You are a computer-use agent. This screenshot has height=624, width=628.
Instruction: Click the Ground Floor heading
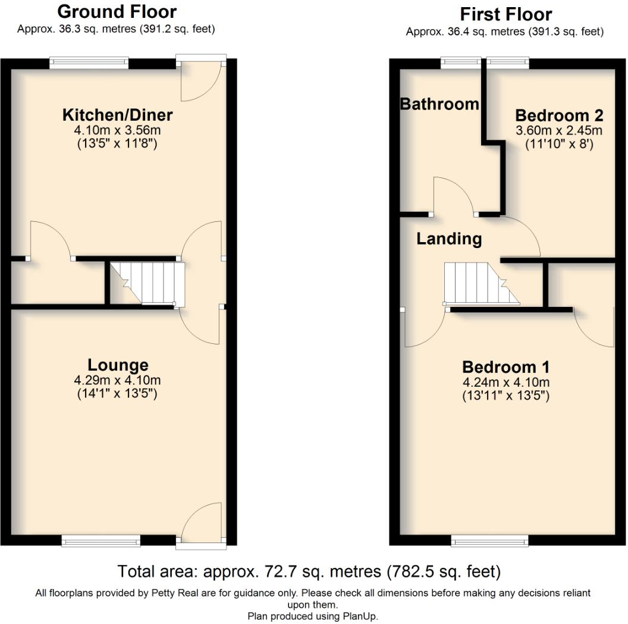coord(117,11)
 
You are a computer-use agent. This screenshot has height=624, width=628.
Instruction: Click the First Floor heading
coord(505,14)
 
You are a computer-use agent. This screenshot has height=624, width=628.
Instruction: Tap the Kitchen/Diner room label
coord(118,114)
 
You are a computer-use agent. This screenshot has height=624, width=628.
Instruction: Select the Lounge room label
coord(118,365)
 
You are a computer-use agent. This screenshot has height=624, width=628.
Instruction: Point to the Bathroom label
coord(439,104)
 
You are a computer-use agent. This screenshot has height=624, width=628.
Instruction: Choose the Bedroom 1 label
coord(505,366)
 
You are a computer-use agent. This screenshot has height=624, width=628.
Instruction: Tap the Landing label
coord(448,239)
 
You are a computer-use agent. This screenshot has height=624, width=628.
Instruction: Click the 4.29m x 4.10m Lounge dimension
coord(118,380)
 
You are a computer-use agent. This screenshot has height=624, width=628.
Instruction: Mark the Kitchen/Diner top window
coord(89,62)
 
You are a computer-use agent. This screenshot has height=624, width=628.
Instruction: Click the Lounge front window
coord(101,540)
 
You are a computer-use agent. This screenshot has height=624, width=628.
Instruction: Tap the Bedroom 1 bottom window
coord(489,540)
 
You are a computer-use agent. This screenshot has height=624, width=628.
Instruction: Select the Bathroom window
coord(460,62)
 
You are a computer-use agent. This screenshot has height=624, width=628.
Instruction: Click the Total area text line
coord(309,572)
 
